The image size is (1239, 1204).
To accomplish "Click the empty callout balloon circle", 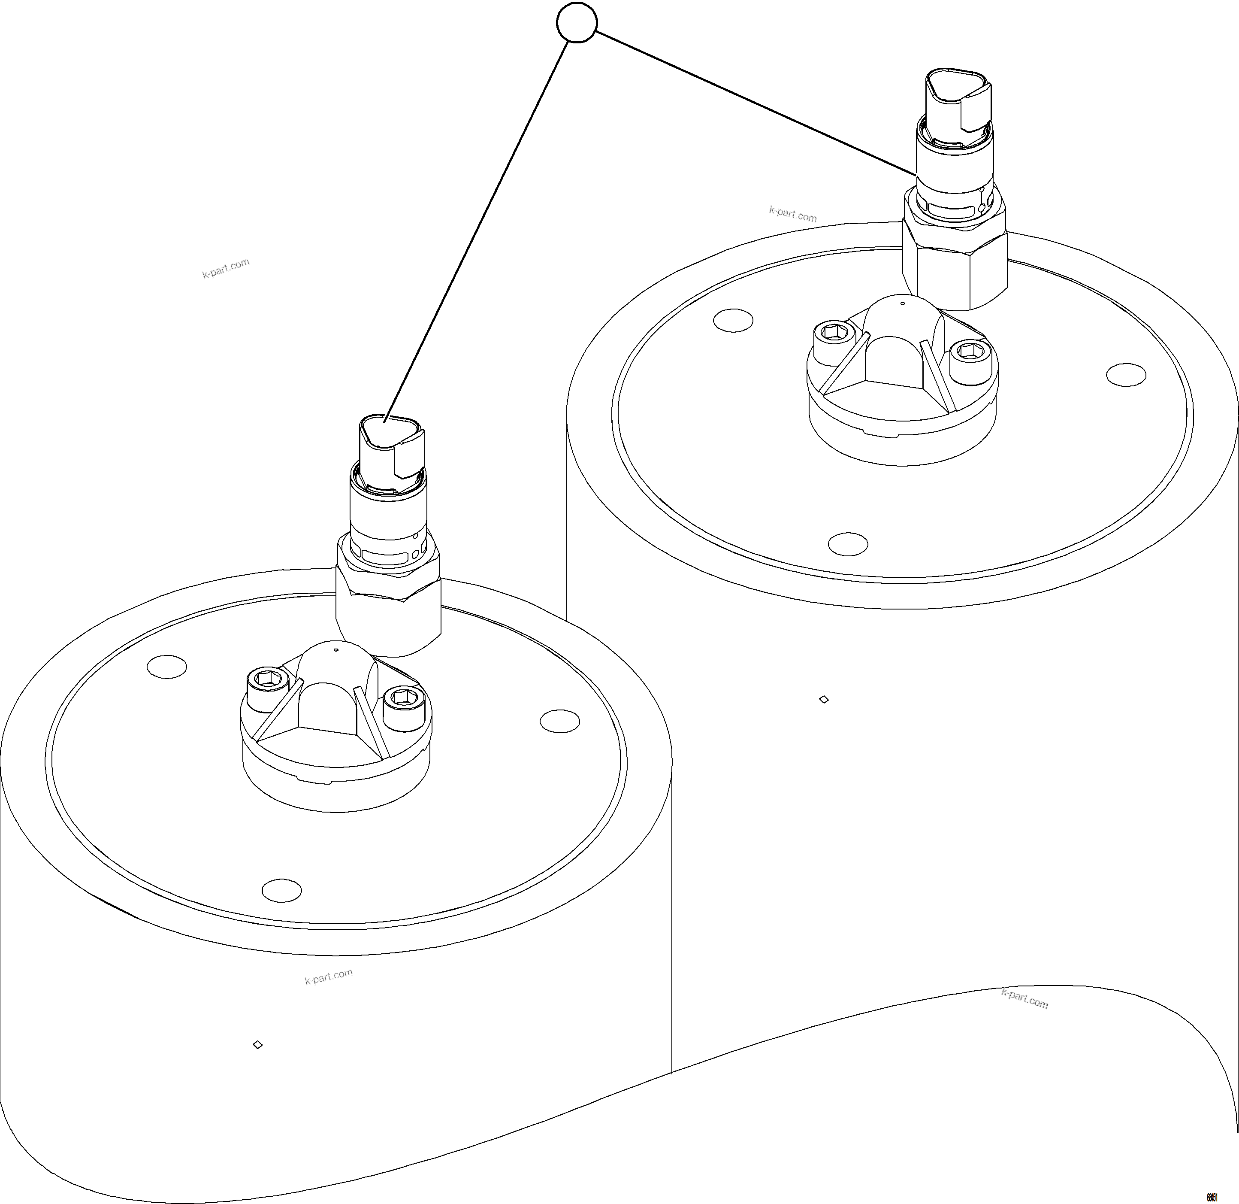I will [577, 24].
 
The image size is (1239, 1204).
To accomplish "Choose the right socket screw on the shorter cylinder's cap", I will [402, 699].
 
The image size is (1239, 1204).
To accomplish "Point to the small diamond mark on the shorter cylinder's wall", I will [257, 1045].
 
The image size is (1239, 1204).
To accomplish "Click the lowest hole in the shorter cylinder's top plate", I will [282, 890].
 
